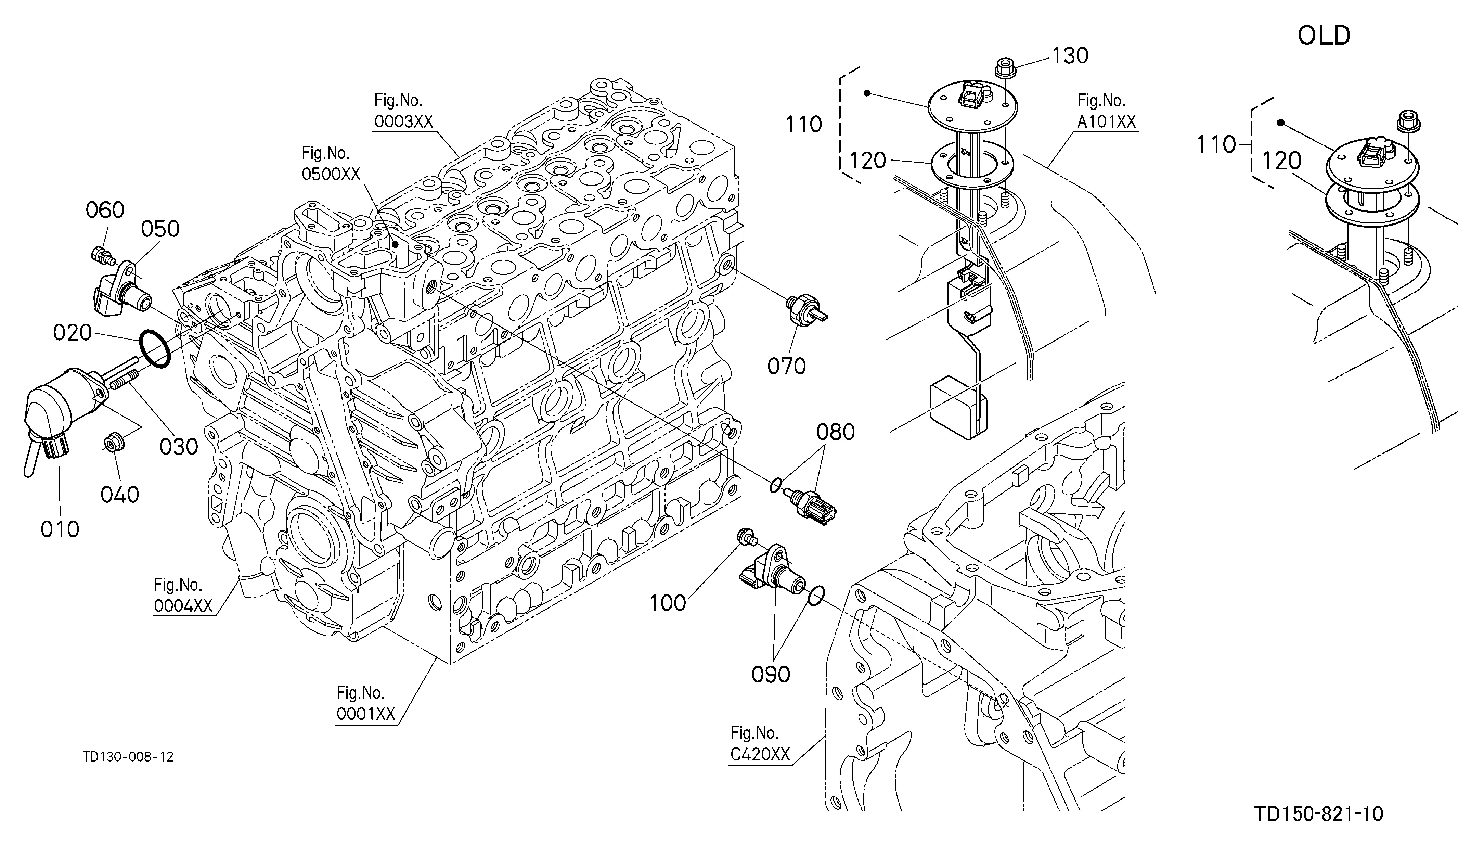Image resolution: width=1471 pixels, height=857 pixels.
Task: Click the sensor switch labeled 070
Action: [804, 309]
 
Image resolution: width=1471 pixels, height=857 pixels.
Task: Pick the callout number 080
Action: [835, 432]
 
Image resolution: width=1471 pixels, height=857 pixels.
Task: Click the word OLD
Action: [1324, 36]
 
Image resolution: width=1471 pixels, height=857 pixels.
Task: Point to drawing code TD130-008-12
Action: [128, 757]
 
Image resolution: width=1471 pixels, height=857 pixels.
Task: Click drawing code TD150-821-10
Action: [1319, 814]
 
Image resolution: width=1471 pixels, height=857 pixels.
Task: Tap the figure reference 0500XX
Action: [331, 174]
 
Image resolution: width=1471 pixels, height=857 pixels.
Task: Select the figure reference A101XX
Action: [1107, 121]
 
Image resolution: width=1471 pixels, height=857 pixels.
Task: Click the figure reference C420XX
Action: [760, 755]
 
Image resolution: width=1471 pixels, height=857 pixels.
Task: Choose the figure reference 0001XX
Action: [366, 713]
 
